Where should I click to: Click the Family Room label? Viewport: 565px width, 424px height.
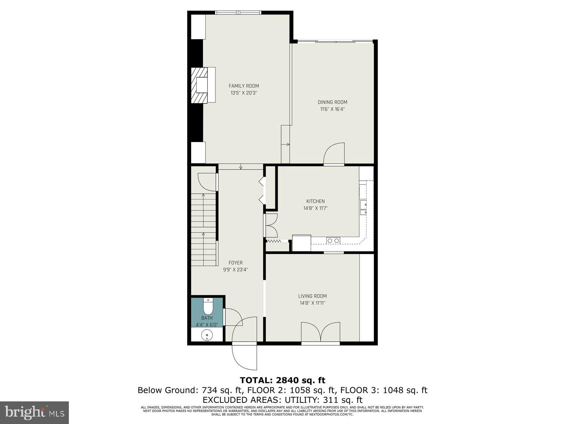tap(244, 86)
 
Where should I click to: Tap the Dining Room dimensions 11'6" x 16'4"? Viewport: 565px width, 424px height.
tap(332, 109)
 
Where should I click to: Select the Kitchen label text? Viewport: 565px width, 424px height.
tap(315, 201)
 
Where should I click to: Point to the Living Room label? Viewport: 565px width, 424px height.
tap(312, 296)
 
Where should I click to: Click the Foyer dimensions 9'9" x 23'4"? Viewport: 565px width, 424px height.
tap(236, 270)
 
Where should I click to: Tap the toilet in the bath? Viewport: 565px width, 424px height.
tap(208, 306)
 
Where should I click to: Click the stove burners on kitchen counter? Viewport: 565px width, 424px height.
tap(333, 241)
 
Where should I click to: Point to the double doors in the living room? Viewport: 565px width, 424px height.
tap(321, 332)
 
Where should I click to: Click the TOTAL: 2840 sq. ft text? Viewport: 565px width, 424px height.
tap(282, 380)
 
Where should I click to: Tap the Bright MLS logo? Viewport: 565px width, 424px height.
tap(35, 412)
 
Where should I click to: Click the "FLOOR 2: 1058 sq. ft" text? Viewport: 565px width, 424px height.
tap(290, 390)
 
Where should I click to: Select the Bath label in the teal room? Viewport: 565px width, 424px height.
tap(207, 318)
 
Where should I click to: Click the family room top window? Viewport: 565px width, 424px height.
tap(239, 13)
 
